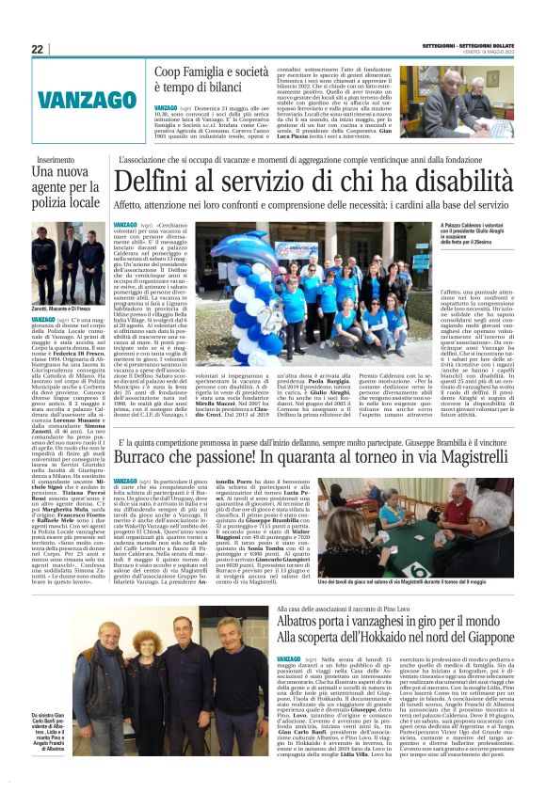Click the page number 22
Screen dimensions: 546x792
pos(37,49)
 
